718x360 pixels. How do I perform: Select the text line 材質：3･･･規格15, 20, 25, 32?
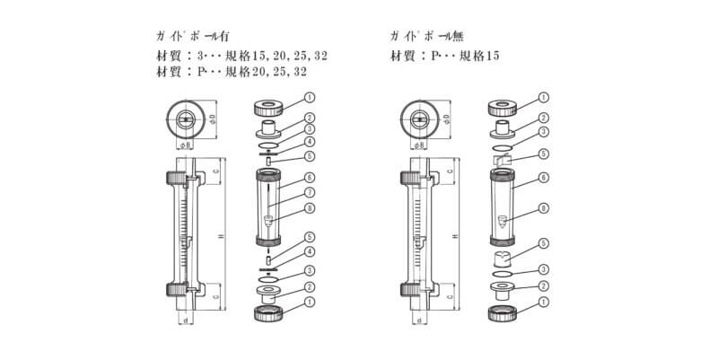(x=241, y=55)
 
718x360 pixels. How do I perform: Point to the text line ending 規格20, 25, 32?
(x=232, y=71)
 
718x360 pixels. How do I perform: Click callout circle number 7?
(x=309, y=192)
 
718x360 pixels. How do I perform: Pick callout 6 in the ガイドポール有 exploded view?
(x=309, y=177)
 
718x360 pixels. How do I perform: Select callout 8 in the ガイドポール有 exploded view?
(x=309, y=208)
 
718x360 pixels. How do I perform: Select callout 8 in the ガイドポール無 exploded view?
(x=543, y=208)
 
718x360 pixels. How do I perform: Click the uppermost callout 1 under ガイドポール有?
(x=309, y=96)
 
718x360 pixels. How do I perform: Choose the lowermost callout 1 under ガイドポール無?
(x=543, y=303)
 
